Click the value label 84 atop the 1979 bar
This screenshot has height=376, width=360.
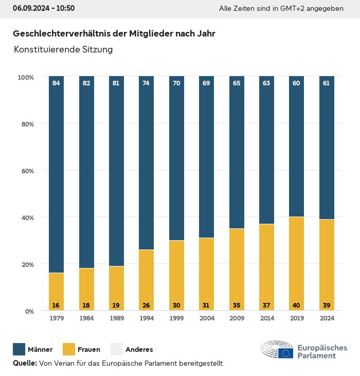point(56,83)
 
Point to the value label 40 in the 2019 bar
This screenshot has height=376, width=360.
point(296,306)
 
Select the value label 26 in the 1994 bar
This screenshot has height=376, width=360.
point(146,306)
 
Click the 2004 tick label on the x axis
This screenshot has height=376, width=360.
point(206,318)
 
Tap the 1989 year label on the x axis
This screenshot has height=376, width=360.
point(116,318)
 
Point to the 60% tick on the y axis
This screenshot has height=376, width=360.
point(26,171)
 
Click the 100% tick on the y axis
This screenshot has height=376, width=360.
point(26,77)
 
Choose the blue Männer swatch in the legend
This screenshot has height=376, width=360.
point(19,350)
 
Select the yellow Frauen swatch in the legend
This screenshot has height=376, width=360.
point(68,350)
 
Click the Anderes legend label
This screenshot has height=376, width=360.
point(139,350)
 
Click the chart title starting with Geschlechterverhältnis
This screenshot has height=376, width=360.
point(114,33)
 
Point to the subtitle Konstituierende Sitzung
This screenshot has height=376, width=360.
point(63,50)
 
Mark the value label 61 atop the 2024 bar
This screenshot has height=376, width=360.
point(327,83)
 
